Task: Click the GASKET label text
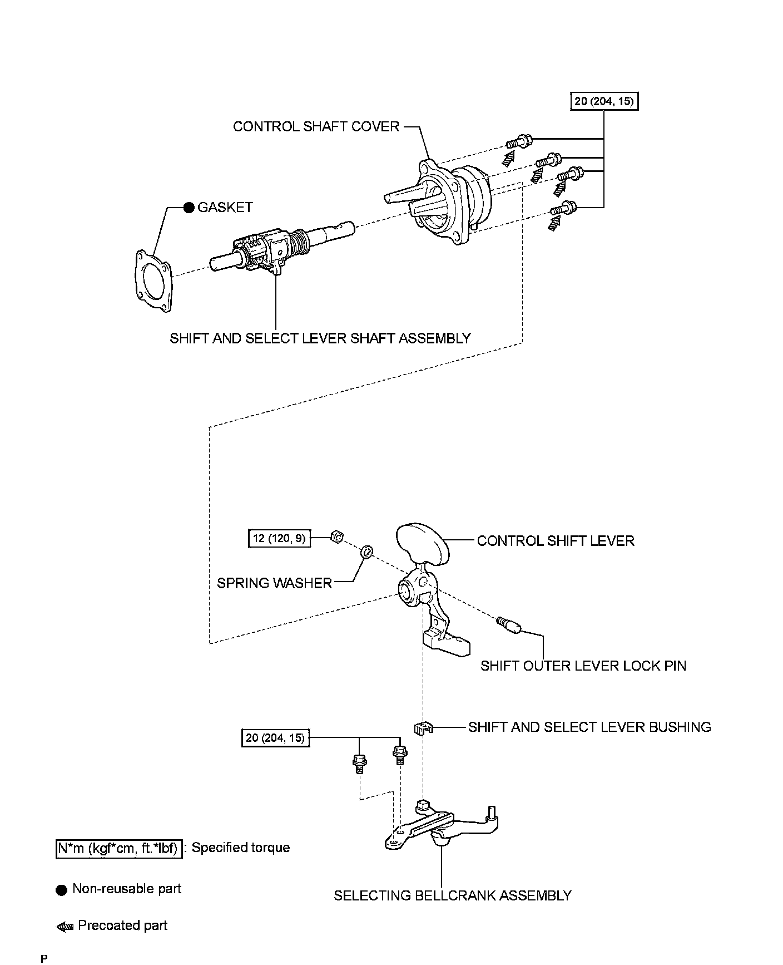tap(225, 208)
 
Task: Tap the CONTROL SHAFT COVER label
tap(316, 127)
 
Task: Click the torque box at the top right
tap(604, 102)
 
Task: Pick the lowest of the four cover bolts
tap(563, 209)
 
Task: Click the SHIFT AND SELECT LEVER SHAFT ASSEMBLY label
tap(320, 338)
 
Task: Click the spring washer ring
tap(367, 552)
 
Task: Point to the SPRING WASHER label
tap(274, 583)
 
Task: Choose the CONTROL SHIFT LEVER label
tap(556, 541)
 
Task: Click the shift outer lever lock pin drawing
tap(509, 625)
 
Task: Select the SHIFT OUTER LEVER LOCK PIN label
tap(583, 666)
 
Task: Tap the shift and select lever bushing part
tap(423, 727)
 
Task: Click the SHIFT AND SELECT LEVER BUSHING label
tap(590, 727)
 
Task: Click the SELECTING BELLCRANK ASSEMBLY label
tap(453, 895)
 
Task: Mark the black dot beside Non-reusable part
tap(62, 889)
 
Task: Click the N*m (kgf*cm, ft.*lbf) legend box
tap(119, 848)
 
